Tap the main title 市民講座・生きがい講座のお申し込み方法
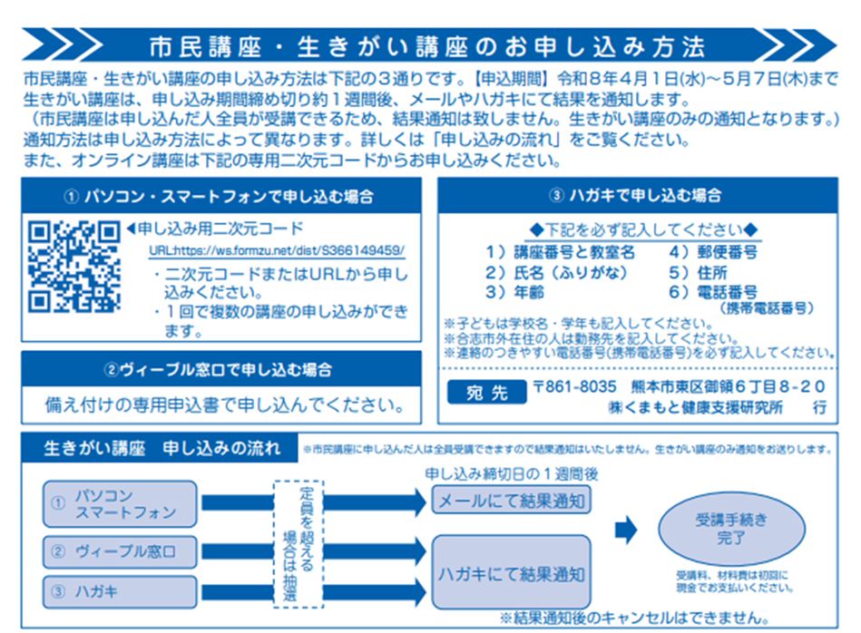pyautogui.click(x=426, y=44)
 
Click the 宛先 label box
pyautogui.click(x=487, y=394)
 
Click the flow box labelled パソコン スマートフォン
pyautogui.click(x=120, y=504)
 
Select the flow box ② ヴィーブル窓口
pyautogui.click(x=120, y=551)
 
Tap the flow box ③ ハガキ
pyautogui.click(x=120, y=592)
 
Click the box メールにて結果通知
pyautogui.click(x=511, y=500)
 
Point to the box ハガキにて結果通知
pyautogui.click(x=511, y=573)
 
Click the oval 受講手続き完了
pyautogui.click(x=730, y=530)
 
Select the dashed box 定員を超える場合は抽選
pyautogui.click(x=298, y=542)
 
